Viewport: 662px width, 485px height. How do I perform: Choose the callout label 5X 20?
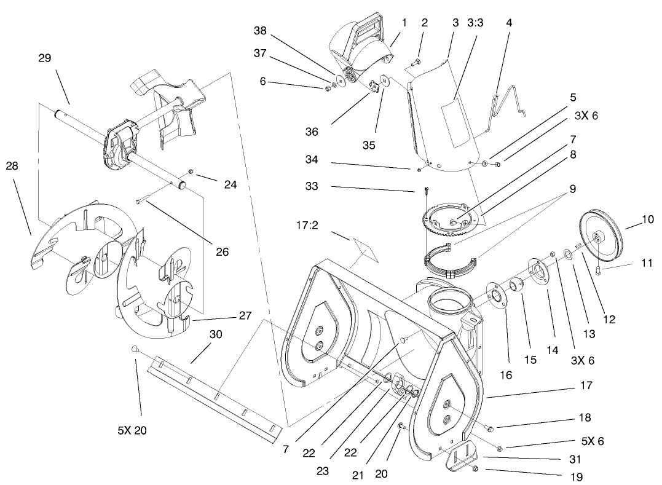coord(132,431)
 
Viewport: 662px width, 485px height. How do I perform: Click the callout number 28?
coord(12,167)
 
